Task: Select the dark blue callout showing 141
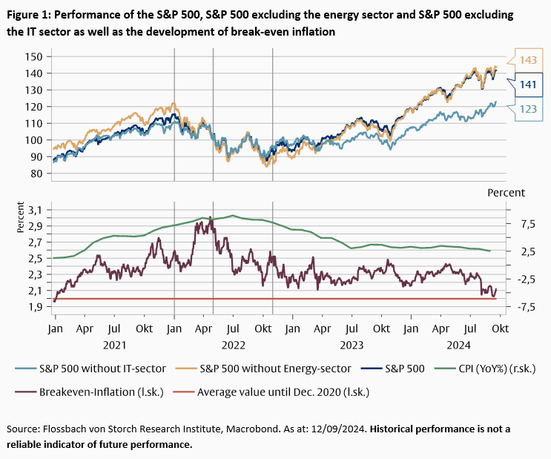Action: click(x=527, y=85)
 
